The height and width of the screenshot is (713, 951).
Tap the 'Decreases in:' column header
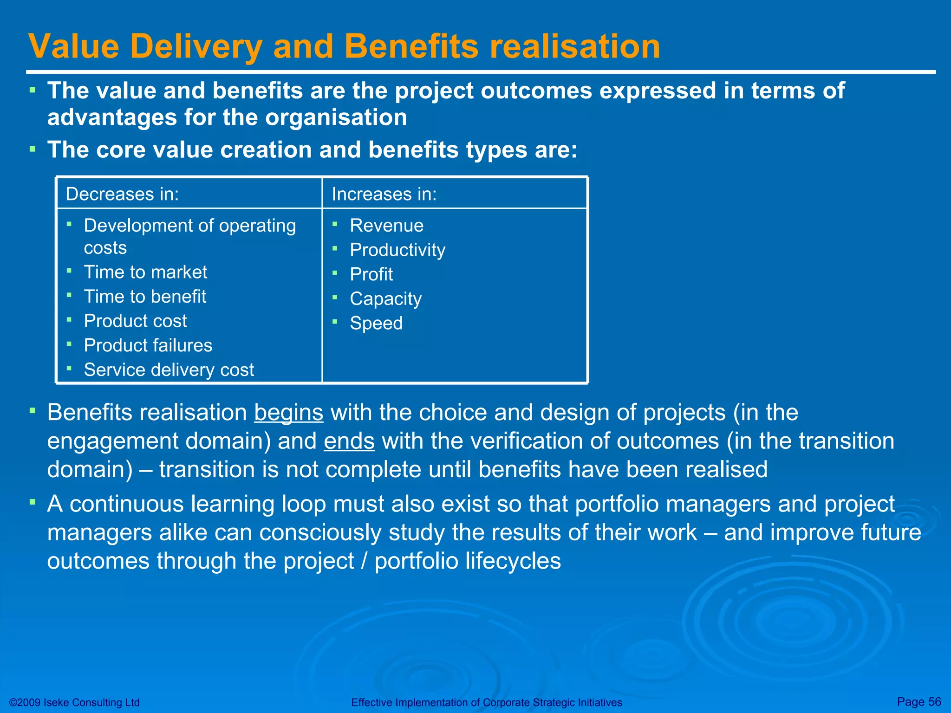pos(122,194)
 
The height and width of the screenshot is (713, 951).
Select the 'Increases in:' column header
pos(384,194)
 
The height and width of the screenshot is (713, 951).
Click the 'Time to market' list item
pos(145,272)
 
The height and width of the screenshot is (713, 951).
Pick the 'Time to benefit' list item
pos(145,297)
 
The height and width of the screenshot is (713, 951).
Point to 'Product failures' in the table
pos(148,345)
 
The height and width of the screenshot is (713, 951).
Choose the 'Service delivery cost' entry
pos(169,370)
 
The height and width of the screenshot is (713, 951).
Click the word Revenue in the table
pos(386,226)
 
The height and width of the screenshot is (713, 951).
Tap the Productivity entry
pos(397,250)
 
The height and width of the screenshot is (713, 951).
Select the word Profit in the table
pos(371,274)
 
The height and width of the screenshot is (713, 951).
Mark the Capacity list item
pos(385,299)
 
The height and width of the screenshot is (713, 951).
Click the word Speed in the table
pos(376,323)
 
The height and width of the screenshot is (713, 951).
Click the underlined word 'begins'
pos(288,413)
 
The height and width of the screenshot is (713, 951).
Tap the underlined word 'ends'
pos(349,441)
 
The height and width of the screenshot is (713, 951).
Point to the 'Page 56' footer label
pos(918,701)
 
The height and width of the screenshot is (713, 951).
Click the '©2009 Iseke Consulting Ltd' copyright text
pos(74,702)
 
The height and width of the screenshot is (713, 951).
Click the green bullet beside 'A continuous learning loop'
pos(33,502)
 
